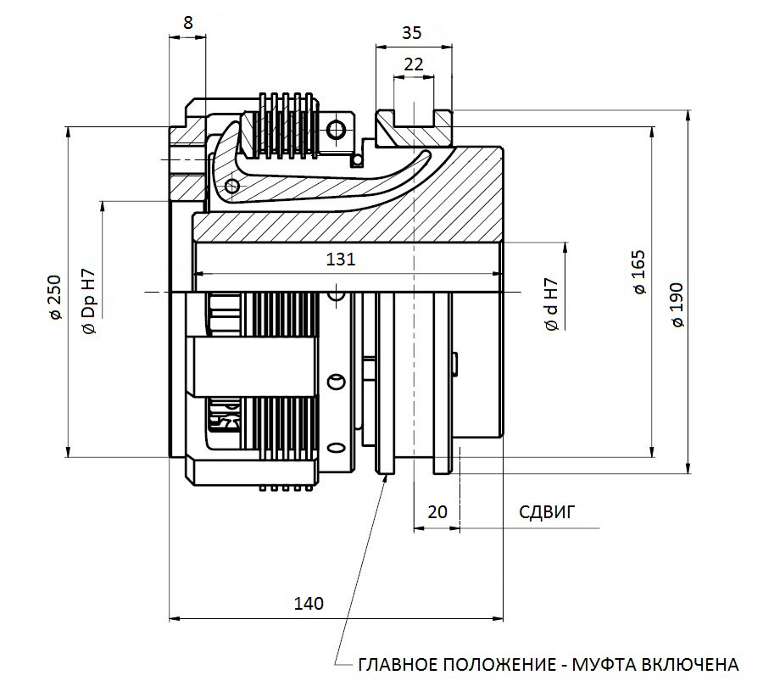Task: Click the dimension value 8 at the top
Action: click(188, 22)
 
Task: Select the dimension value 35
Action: click(412, 32)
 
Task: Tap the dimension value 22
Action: click(413, 64)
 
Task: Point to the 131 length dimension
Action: click(341, 259)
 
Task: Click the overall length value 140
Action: click(309, 604)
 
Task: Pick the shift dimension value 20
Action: click(437, 512)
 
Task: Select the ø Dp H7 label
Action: click(90, 302)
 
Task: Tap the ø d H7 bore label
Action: click(551, 305)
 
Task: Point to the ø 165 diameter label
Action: click(639, 272)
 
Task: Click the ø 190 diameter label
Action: click(677, 305)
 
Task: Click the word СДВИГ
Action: click(547, 512)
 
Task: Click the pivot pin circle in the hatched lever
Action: click(232, 186)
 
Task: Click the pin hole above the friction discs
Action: click(336, 130)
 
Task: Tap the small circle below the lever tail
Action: click(358, 160)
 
